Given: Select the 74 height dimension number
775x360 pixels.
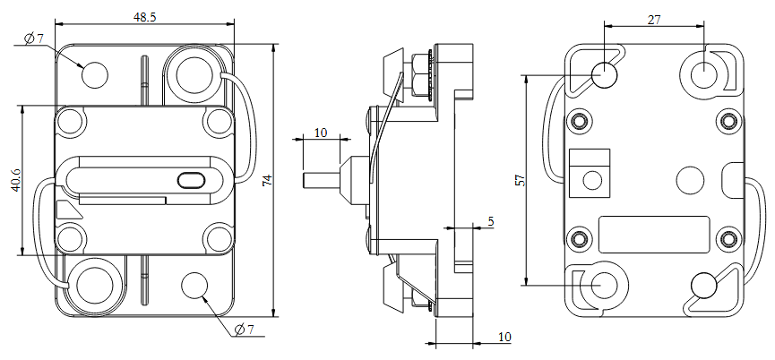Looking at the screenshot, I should (267, 181).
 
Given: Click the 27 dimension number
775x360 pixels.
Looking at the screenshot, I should (654, 20).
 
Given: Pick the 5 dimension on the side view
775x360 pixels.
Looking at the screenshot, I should (490, 219).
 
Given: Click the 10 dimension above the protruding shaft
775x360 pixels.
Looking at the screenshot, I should (321, 133).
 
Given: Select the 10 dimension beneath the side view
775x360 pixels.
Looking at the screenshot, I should (504, 337).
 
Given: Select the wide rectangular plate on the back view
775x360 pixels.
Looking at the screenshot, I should (653, 235).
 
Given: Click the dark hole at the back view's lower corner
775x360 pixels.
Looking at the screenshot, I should (704, 285).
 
